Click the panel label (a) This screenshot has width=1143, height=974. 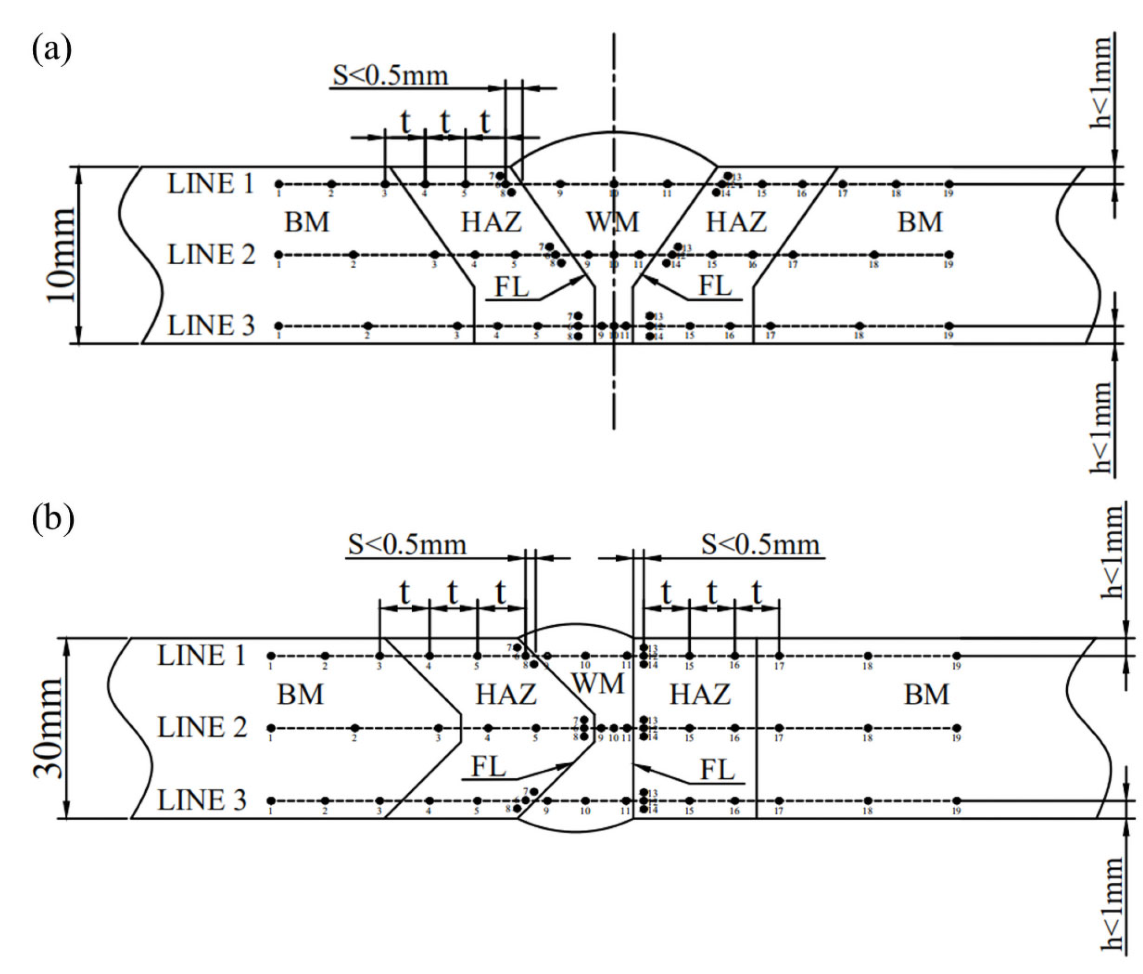pyautogui.click(x=52, y=50)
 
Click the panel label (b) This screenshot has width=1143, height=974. pyautogui.click(x=53, y=518)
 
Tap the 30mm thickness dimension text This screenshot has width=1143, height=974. pyautogui.click(x=49, y=727)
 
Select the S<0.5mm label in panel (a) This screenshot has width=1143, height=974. pyautogui.click(x=390, y=76)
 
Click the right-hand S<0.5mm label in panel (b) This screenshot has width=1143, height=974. pyautogui.click(x=760, y=545)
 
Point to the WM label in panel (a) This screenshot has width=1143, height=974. pyautogui.click(x=613, y=222)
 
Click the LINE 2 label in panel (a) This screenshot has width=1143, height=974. pyautogui.click(x=211, y=255)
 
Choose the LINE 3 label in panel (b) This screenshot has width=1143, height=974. pyautogui.click(x=202, y=800)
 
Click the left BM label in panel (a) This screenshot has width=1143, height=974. pyautogui.click(x=307, y=222)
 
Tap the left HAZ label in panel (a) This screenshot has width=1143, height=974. pyautogui.click(x=491, y=222)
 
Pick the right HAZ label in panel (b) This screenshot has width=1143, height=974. pyautogui.click(x=700, y=695)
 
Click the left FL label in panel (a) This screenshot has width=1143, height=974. pyautogui.click(x=512, y=287)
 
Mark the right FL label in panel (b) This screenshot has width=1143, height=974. pyautogui.click(x=717, y=770)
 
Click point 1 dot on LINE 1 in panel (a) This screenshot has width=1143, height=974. pyautogui.click(x=278, y=184)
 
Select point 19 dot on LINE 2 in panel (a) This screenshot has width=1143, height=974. pyautogui.click(x=949, y=255)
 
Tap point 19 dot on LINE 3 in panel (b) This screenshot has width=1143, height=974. pyautogui.click(x=957, y=801)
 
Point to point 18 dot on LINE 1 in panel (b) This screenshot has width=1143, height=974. pyautogui.click(x=868, y=656)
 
